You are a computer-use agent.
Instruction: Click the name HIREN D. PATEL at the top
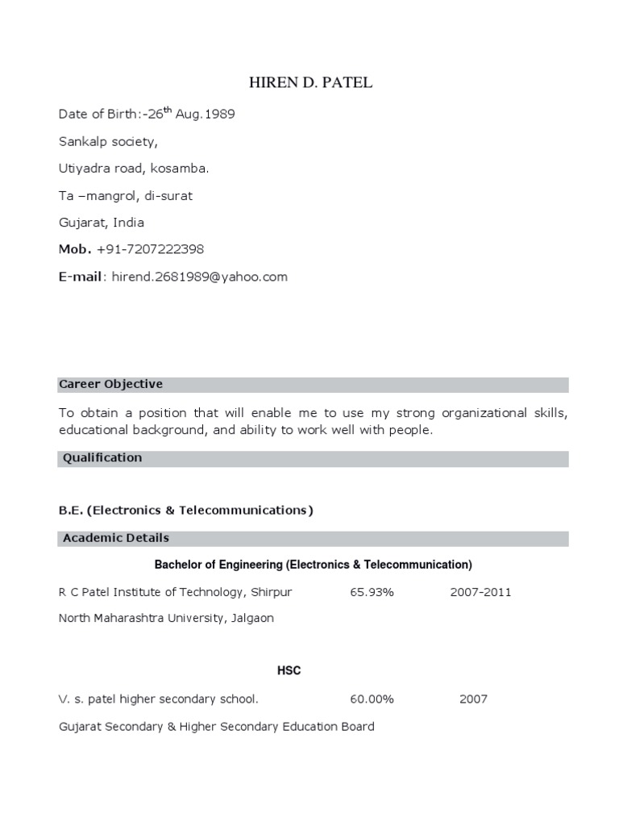[309, 82]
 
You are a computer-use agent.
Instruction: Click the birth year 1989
[219, 114]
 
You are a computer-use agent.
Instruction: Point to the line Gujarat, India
[102, 222]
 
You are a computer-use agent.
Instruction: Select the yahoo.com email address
[200, 277]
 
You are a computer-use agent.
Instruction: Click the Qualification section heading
[102, 458]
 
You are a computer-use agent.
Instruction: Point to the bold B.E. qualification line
[185, 511]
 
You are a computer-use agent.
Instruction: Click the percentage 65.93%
[372, 592]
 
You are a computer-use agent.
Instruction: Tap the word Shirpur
[271, 592]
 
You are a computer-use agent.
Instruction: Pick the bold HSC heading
[289, 671]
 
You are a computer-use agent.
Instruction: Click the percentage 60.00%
[372, 699]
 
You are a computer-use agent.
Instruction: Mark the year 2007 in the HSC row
[473, 699]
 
